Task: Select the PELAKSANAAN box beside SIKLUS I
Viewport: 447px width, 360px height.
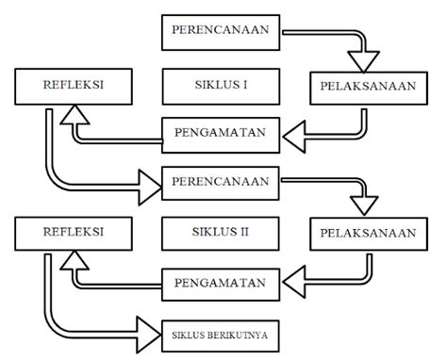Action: point(364,88)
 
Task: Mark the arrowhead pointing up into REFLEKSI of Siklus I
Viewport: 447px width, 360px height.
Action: point(74,115)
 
